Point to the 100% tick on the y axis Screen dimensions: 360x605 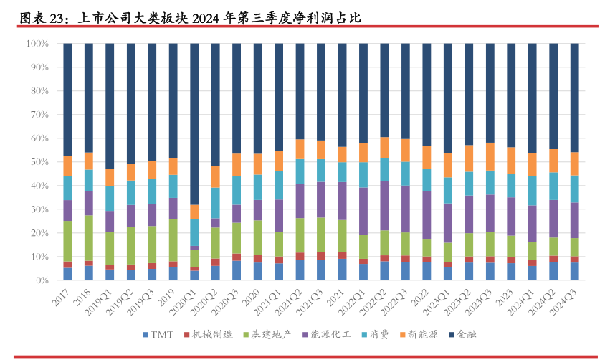(37, 44)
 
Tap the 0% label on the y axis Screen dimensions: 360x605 (42, 280)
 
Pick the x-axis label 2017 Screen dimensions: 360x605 (63, 294)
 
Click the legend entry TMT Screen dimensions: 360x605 (160, 335)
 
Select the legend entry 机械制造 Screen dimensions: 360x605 (210, 335)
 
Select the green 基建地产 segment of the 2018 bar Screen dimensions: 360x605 (88, 237)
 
